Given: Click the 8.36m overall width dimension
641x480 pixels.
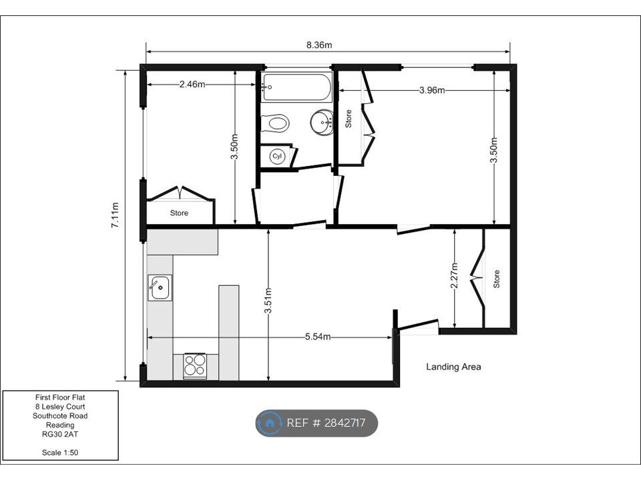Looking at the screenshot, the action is [319, 45].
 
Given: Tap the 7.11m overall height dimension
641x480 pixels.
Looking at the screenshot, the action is [116, 215].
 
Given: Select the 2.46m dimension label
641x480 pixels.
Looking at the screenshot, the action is [192, 85].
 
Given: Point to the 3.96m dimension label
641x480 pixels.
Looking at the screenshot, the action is [432, 90].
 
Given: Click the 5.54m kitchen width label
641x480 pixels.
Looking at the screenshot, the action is [318, 337].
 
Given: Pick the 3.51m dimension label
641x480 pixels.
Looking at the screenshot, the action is [268, 301].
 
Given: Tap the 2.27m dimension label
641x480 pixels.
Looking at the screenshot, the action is [455, 275].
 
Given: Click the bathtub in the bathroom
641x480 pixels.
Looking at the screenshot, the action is [296, 87].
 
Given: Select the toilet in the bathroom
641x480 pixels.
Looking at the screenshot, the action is [275, 123].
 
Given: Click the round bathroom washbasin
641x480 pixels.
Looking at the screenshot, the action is [322, 121].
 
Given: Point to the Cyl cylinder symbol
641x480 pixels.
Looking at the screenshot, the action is [278, 156].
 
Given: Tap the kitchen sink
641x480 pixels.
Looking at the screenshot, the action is [160, 288].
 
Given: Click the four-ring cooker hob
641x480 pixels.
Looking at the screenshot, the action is [194, 365].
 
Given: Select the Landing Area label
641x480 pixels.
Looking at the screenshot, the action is [453, 367].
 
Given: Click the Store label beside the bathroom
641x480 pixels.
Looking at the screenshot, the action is [349, 119].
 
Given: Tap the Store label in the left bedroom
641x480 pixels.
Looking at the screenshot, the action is [179, 213].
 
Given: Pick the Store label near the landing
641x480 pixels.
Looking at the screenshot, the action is [496, 279].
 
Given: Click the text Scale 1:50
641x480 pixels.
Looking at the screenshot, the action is [60, 453].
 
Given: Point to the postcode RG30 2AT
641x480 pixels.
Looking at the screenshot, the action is [60, 434].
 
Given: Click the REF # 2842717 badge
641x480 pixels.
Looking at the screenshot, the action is [316, 423].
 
